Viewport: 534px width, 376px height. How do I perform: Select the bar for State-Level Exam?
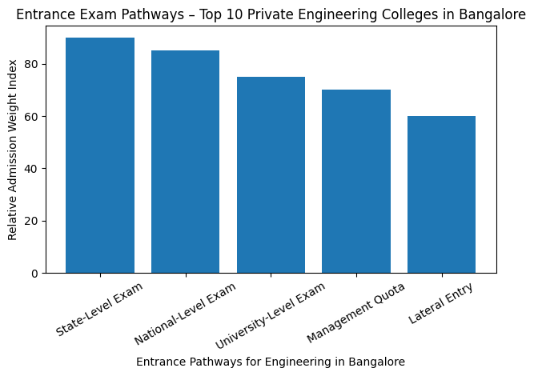point(100,155)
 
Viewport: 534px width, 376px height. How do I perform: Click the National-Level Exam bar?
point(185,162)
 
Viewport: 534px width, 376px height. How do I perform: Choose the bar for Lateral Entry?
point(441,194)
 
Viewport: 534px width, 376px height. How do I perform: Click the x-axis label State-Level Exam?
point(99,308)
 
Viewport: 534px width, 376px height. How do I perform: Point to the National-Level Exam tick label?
point(185,311)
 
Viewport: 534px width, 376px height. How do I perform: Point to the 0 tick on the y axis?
point(34,274)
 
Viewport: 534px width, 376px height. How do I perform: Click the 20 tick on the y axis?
point(32,221)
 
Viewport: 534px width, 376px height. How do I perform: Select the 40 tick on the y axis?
point(32,169)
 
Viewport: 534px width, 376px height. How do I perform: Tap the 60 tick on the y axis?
point(32,117)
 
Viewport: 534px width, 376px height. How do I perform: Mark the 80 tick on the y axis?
point(32,64)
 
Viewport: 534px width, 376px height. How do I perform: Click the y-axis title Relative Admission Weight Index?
point(12,149)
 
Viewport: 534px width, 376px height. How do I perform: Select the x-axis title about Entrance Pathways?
point(271,362)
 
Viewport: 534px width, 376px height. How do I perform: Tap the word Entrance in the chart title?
point(42,14)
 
